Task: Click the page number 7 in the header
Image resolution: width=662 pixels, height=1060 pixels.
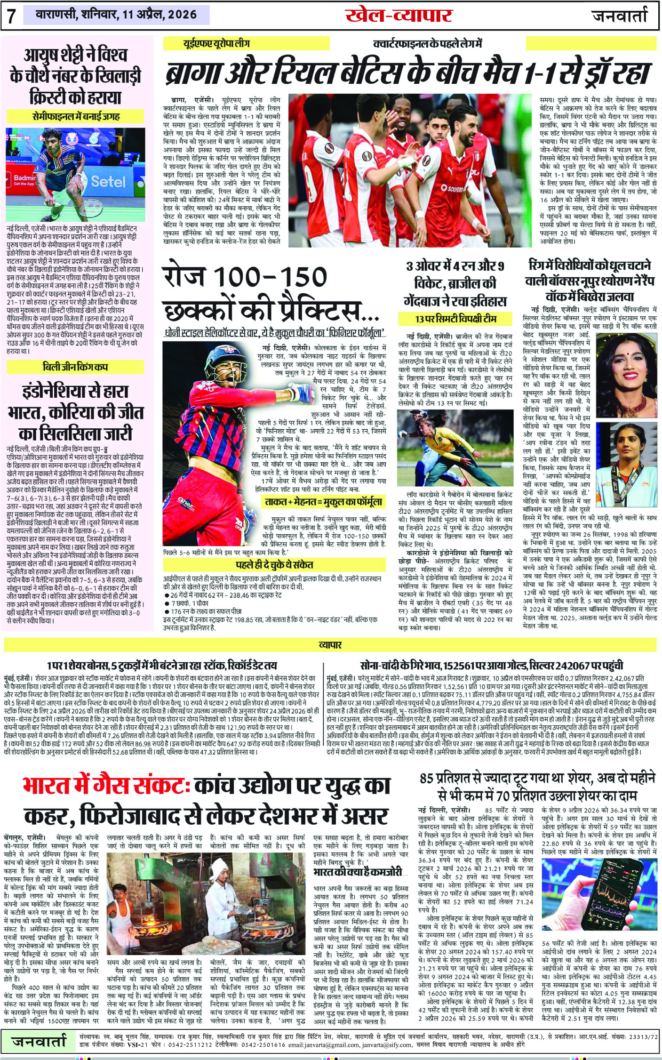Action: point(11,16)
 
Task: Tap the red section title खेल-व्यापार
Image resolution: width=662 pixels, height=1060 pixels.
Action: point(399,15)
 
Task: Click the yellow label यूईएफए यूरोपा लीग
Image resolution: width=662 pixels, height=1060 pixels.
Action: point(216,44)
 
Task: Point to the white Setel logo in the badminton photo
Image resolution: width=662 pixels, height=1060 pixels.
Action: point(108,181)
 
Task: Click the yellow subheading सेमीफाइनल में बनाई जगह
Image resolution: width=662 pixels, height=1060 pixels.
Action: point(75,116)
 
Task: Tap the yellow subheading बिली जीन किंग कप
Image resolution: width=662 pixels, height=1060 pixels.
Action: point(75,367)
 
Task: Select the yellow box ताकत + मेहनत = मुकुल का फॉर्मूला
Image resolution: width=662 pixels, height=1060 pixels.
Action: point(323,502)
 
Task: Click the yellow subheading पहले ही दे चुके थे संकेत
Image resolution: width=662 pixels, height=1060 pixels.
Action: point(274,564)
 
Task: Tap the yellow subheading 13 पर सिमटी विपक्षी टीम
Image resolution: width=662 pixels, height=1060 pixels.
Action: point(455,319)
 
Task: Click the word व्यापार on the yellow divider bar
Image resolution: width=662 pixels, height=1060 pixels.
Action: point(330,644)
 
